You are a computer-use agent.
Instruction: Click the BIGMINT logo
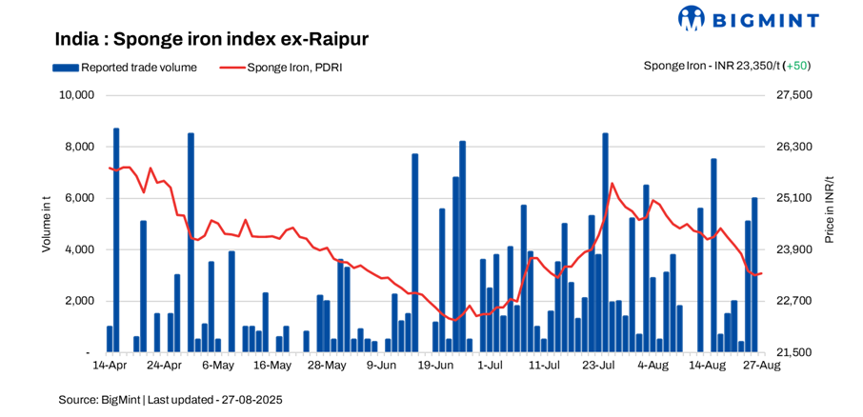click(749, 18)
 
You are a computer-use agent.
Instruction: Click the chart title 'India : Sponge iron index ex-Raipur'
click(211, 39)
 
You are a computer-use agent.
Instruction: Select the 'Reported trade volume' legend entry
click(126, 68)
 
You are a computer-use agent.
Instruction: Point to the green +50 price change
click(795, 66)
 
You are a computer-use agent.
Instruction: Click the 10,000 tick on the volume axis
click(75, 95)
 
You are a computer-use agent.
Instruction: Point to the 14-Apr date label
click(110, 365)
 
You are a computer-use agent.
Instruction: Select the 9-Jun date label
click(380, 365)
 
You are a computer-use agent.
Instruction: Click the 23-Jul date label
click(597, 365)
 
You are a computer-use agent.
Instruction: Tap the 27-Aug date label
click(761, 365)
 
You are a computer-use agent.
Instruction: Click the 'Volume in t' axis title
click(46, 223)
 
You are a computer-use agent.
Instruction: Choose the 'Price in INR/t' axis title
click(829, 208)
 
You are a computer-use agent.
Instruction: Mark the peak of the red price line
click(612, 183)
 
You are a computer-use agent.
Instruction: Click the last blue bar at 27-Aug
click(754, 274)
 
